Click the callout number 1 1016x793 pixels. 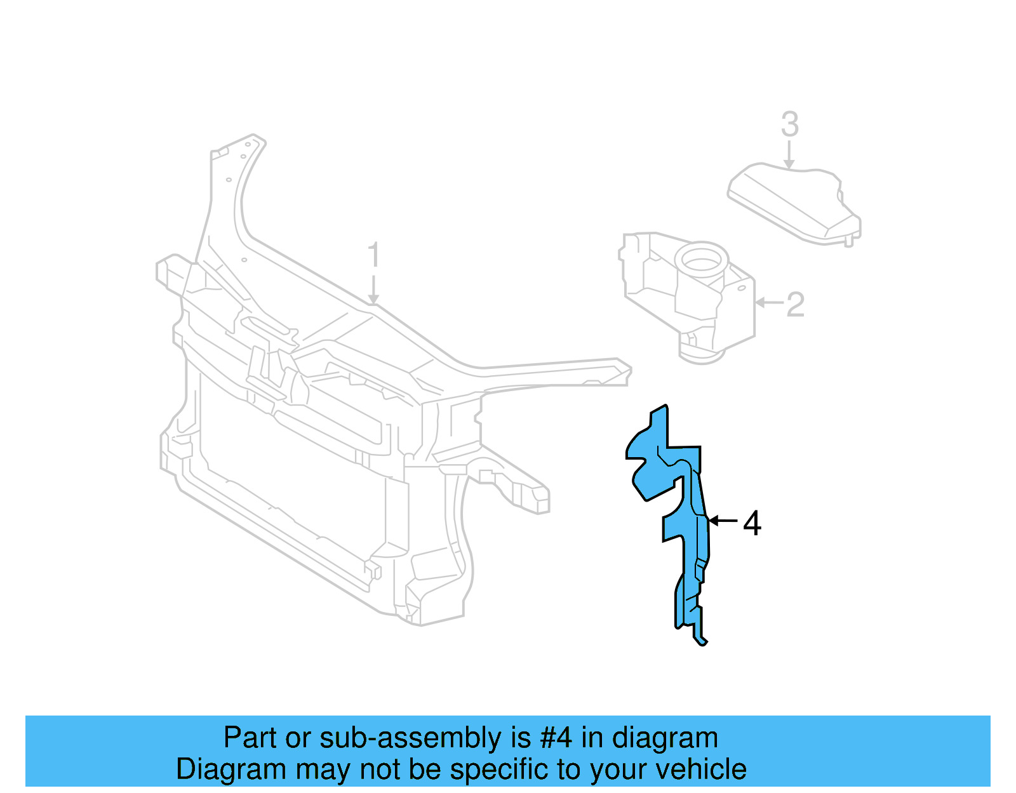373,255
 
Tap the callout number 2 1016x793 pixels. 795,305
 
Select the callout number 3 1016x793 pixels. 789,124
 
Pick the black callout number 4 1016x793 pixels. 752,524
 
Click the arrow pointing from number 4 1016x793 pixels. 723,521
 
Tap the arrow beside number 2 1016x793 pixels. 769,302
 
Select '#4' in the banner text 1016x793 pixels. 556,738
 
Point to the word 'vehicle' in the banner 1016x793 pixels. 700,770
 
